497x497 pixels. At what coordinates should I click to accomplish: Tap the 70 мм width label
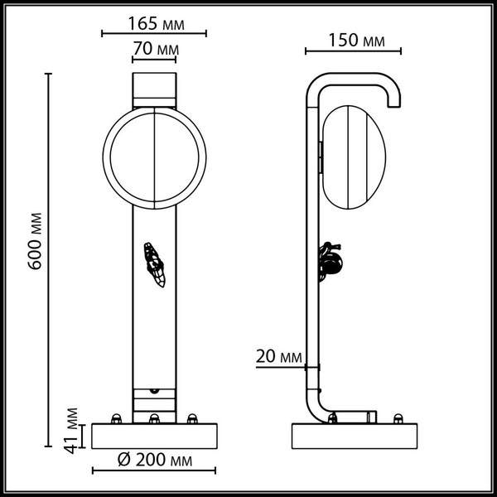(x=155, y=49)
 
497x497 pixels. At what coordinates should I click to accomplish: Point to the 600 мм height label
(x=34, y=241)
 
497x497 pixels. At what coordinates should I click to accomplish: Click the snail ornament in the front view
(x=155, y=265)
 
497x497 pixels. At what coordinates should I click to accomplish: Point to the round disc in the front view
(x=155, y=157)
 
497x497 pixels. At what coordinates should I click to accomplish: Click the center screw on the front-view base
(x=154, y=418)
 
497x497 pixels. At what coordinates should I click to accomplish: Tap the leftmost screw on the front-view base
(x=118, y=417)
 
